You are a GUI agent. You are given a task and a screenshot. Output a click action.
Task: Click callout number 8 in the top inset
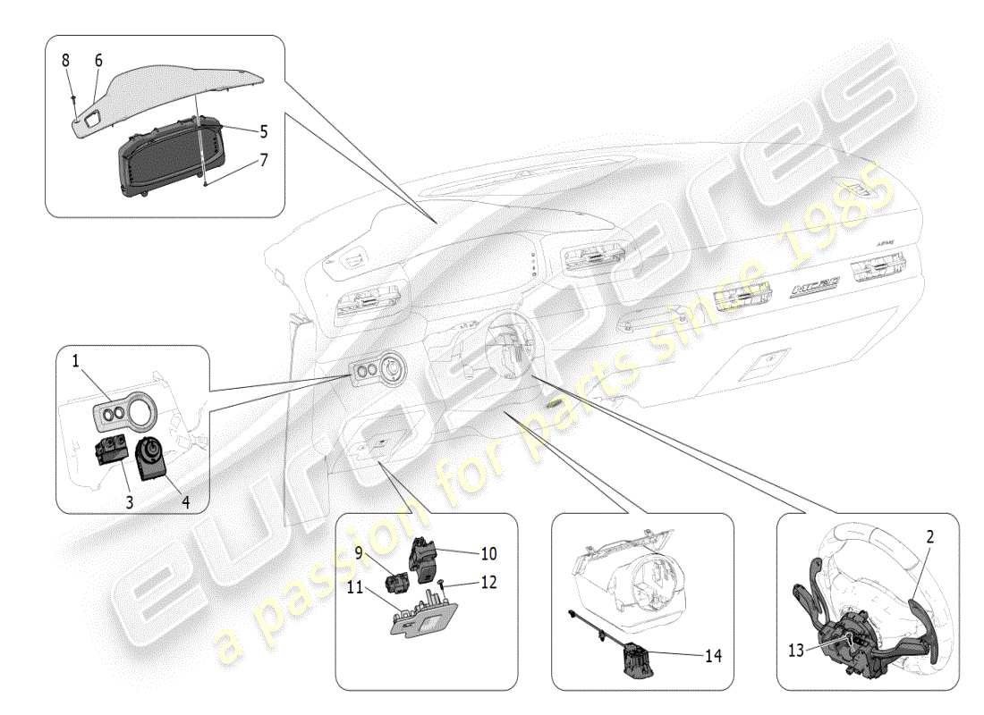pos(64,61)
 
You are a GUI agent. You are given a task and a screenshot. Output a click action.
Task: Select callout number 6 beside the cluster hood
pos(98,61)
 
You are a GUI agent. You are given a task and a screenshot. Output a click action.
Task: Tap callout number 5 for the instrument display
pos(263,130)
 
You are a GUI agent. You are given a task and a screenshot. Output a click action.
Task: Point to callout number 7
pos(263,161)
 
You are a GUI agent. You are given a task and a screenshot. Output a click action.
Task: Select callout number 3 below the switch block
pos(129,502)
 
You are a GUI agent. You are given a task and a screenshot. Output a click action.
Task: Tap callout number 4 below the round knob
pos(185,502)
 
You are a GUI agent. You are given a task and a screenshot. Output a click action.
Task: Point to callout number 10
pos(488,553)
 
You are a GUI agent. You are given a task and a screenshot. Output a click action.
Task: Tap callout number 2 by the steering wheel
pos(929,537)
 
